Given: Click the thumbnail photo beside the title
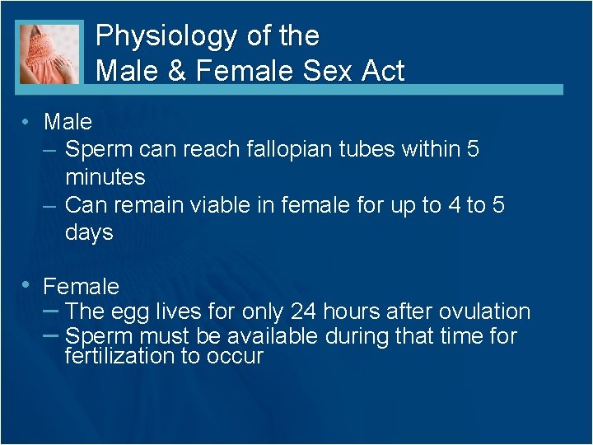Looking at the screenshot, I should click(x=49, y=53).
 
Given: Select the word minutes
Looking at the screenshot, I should click(x=105, y=177).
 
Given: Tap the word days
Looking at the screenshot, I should click(x=89, y=233).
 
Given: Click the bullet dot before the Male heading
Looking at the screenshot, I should click(x=27, y=122).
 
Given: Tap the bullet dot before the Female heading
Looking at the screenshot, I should click(x=27, y=285).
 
